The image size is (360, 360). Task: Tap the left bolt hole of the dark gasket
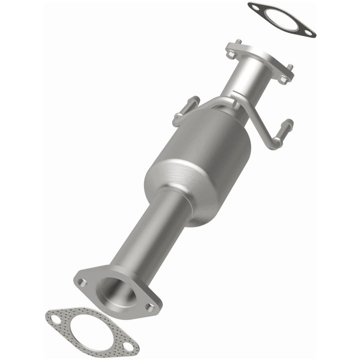click(255, 7)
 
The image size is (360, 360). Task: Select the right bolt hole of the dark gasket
click(309, 33)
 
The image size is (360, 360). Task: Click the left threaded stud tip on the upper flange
click(238, 41)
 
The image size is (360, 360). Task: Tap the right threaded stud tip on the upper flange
click(290, 67)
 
